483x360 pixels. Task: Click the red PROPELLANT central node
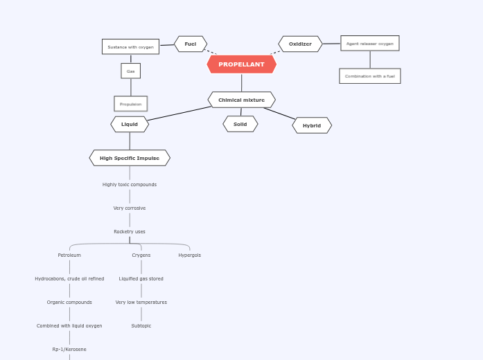pyautogui.click(x=241, y=64)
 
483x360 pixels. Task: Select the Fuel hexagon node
pyautogui.click(x=190, y=44)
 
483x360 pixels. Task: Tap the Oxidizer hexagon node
pyautogui.click(x=300, y=44)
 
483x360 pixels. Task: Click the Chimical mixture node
pyautogui.click(x=241, y=100)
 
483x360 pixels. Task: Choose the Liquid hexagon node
pyautogui.click(x=130, y=125)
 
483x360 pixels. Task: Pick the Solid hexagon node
pyautogui.click(x=240, y=125)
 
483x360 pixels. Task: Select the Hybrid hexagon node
pyautogui.click(x=312, y=125)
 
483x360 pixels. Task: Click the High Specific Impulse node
pyautogui.click(x=130, y=158)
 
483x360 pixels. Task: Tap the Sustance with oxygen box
pyautogui.click(x=130, y=47)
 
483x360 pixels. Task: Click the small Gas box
pyautogui.click(x=130, y=71)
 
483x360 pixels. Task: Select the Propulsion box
pyautogui.click(x=130, y=104)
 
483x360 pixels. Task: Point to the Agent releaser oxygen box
pyautogui.click(x=369, y=44)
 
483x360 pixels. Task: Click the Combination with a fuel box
pyautogui.click(x=369, y=76)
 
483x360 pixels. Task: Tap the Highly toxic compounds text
pyautogui.click(x=130, y=185)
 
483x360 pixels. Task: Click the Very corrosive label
pyautogui.click(x=130, y=208)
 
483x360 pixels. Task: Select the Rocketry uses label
pyautogui.click(x=130, y=232)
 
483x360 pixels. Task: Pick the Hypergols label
pyautogui.click(x=189, y=255)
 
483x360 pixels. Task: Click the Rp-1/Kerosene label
pyautogui.click(x=69, y=350)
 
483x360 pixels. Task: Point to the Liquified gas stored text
pyautogui.click(x=141, y=279)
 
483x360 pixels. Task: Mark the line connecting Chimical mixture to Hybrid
pyautogui.click(x=279, y=113)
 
